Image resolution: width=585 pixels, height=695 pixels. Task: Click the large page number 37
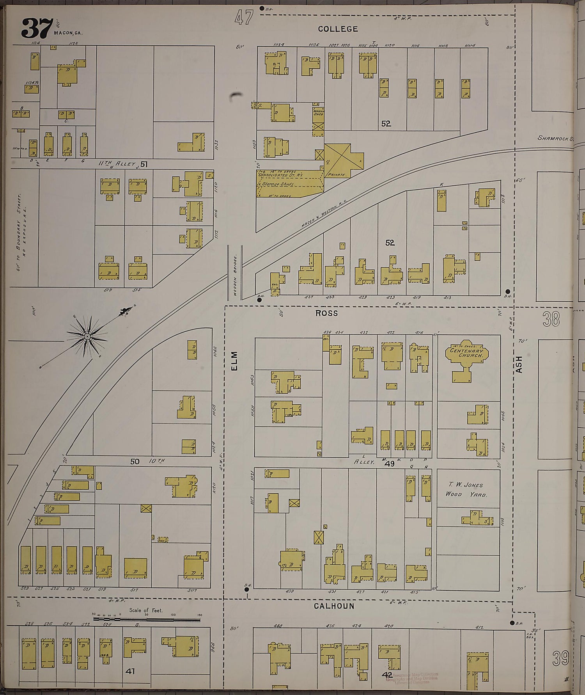tap(37, 28)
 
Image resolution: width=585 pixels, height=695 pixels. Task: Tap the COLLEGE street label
tap(338, 29)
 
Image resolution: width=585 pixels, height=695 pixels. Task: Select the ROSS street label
tap(326, 313)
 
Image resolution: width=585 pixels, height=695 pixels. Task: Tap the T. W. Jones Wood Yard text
tap(466, 489)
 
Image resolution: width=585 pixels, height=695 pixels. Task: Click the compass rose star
tap(87, 336)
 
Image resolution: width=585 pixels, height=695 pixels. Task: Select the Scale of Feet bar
tap(147, 619)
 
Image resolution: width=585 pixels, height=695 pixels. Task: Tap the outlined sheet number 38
tap(551, 319)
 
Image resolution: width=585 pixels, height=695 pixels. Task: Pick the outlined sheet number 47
tap(244, 18)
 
